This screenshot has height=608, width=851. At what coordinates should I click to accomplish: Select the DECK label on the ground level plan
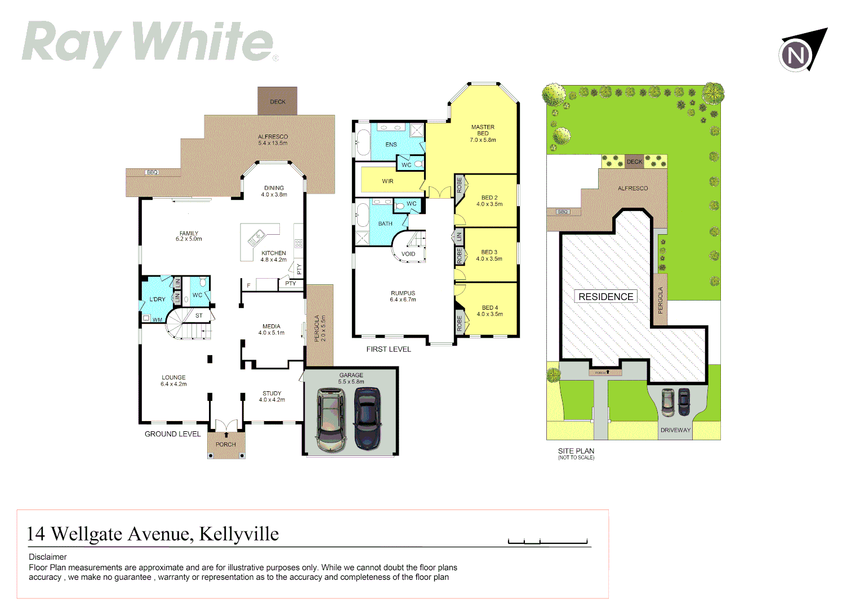(x=278, y=102)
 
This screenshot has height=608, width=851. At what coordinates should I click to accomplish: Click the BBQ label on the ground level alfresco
(x=152, y=172)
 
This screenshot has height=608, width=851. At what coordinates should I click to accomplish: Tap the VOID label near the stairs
(x=408, y=254)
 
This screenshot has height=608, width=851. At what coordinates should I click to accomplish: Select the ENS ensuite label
(x=391, y=145)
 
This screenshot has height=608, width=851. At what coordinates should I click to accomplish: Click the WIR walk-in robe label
(x=387, y=181)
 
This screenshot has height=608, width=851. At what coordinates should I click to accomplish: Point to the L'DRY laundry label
(x=157, y=299)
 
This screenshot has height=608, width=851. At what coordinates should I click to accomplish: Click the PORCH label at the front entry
(x=226, y=445)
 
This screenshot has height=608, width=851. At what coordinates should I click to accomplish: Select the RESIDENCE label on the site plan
(x=605, y=297)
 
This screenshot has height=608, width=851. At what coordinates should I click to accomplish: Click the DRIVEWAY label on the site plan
(x=675, y=430)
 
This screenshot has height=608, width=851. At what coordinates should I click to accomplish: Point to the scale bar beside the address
(x=547, y=542)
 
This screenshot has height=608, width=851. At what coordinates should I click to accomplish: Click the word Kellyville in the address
(x=239, y=534)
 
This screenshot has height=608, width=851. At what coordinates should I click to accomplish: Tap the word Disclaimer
(x=48, y=557)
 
